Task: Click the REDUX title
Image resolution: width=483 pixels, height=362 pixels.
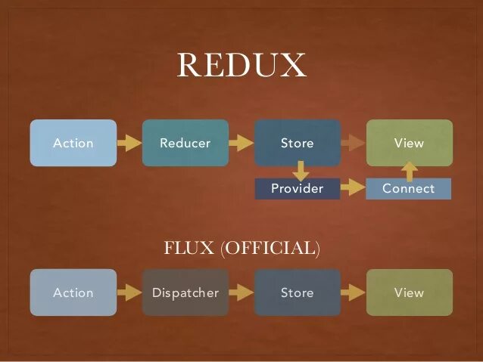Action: click(241, 66)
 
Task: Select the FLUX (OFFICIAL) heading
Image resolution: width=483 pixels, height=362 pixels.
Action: click(241, 248)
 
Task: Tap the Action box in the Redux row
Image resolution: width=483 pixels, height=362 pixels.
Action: click(73, 143)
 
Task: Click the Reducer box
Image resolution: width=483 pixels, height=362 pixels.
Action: click(185, 143)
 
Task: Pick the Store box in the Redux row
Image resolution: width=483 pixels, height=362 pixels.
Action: click(297, 143)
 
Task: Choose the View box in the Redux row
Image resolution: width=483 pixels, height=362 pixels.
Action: click(409, 143)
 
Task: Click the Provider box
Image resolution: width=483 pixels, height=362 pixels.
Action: click(297, 189)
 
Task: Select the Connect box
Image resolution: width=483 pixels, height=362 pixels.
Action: click(408, 189)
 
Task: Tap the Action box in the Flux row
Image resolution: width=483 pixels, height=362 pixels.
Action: click(73, 292)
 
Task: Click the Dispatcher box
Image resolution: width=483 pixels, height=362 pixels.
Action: click(185, 292)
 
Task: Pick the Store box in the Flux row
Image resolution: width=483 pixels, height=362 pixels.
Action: click(297, 292)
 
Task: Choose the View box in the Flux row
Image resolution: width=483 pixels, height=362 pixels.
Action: click(409, 292)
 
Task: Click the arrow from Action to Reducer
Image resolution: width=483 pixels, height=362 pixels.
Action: click(129, 143)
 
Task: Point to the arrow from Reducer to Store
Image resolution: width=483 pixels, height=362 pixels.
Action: click(241, 143)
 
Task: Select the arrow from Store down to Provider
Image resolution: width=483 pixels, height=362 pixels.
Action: click(301, 170)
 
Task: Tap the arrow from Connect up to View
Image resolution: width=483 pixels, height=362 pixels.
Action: click(409, 171)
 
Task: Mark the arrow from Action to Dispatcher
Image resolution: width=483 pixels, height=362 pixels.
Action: click(129, 292)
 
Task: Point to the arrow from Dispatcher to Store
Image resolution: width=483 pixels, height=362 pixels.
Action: click(241, 292)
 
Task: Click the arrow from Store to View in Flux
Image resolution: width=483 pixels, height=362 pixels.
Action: click(353, 292)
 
